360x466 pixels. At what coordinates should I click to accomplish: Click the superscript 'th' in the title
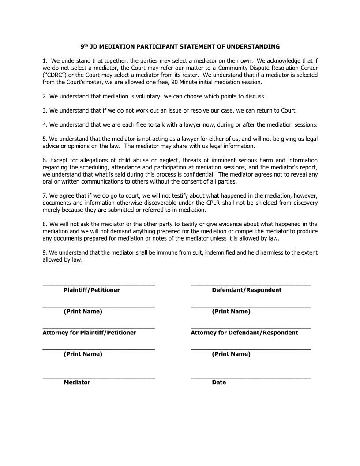click(86, 45)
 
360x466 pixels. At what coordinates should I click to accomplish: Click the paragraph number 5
click(44, 139)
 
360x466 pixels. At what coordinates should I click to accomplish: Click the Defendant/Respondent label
click(247, 290)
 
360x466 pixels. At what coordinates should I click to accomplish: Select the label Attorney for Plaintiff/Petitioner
click(89, 333)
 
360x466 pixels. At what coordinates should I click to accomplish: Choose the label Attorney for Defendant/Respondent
click(244, 333)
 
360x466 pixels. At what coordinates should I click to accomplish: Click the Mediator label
click(77, 383)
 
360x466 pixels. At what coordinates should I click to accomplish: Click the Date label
click(219, 383)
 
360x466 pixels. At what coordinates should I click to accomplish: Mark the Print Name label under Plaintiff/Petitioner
click(83, 312)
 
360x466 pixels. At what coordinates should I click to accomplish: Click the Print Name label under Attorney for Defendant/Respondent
click(231, 354)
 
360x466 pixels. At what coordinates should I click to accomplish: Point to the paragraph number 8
click(44, 224)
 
